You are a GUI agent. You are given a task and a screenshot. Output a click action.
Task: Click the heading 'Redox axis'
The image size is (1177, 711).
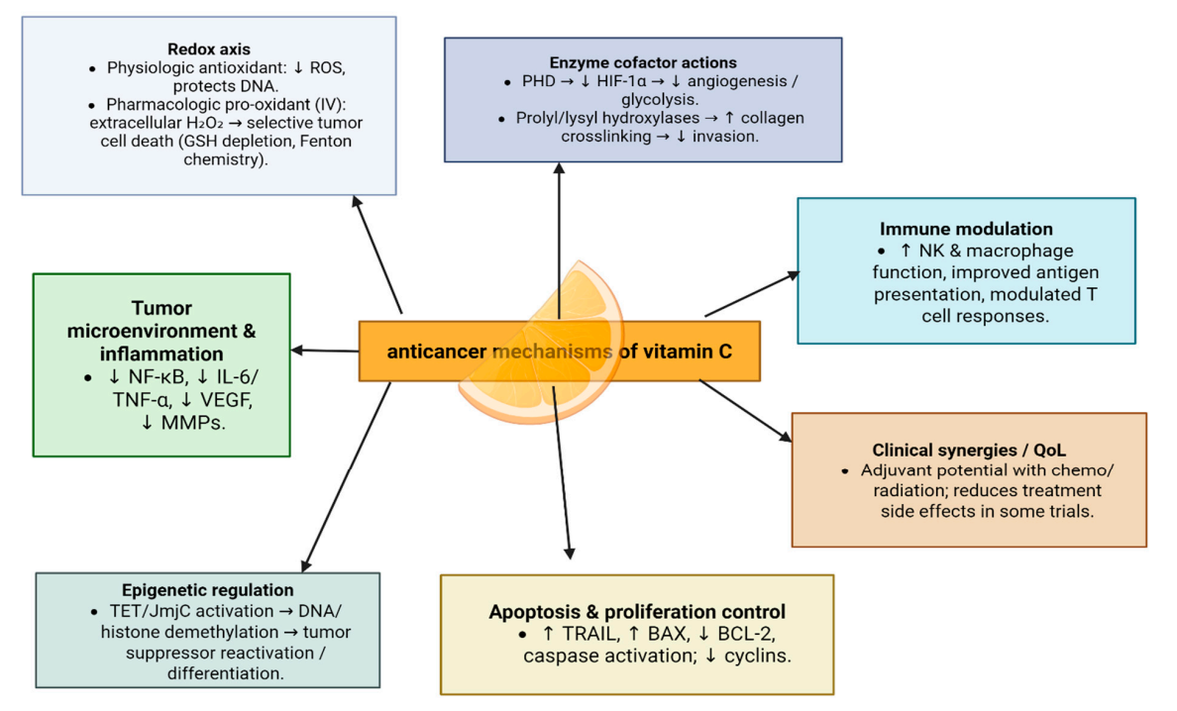point(209,50)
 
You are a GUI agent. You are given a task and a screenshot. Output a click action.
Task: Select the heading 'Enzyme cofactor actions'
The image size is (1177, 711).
point(643,62)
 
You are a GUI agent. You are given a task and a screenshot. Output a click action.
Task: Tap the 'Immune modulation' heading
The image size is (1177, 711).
point(966,230)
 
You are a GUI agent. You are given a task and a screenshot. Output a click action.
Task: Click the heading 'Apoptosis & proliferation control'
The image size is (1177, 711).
point(637,611)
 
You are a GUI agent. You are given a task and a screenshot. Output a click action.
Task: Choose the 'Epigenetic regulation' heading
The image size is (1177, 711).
point(207,590)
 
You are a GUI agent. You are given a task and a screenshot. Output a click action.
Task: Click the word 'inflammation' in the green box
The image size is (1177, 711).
point(160,354)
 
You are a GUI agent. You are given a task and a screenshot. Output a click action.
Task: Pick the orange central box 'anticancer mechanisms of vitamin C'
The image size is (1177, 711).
point(559,351)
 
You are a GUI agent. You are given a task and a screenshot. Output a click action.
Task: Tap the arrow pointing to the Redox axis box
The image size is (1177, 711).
point(377,254)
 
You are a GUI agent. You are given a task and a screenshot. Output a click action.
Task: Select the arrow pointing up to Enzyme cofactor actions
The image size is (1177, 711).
point(559,238)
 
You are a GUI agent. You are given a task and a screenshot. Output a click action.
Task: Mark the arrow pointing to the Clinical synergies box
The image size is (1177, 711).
point(745,412)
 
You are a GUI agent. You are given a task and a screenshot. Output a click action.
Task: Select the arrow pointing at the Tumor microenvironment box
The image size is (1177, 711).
point(325,350)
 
